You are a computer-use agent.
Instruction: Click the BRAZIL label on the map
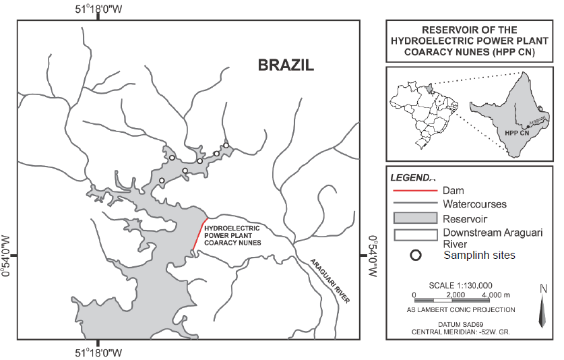pos(286,65)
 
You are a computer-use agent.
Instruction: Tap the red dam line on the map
pos(200,235)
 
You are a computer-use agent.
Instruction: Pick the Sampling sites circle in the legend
pos(416,256)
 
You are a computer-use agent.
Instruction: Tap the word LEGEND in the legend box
pos(412,178)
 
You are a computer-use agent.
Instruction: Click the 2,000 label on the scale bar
pos(456,295)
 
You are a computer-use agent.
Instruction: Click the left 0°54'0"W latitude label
pos(7,256)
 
